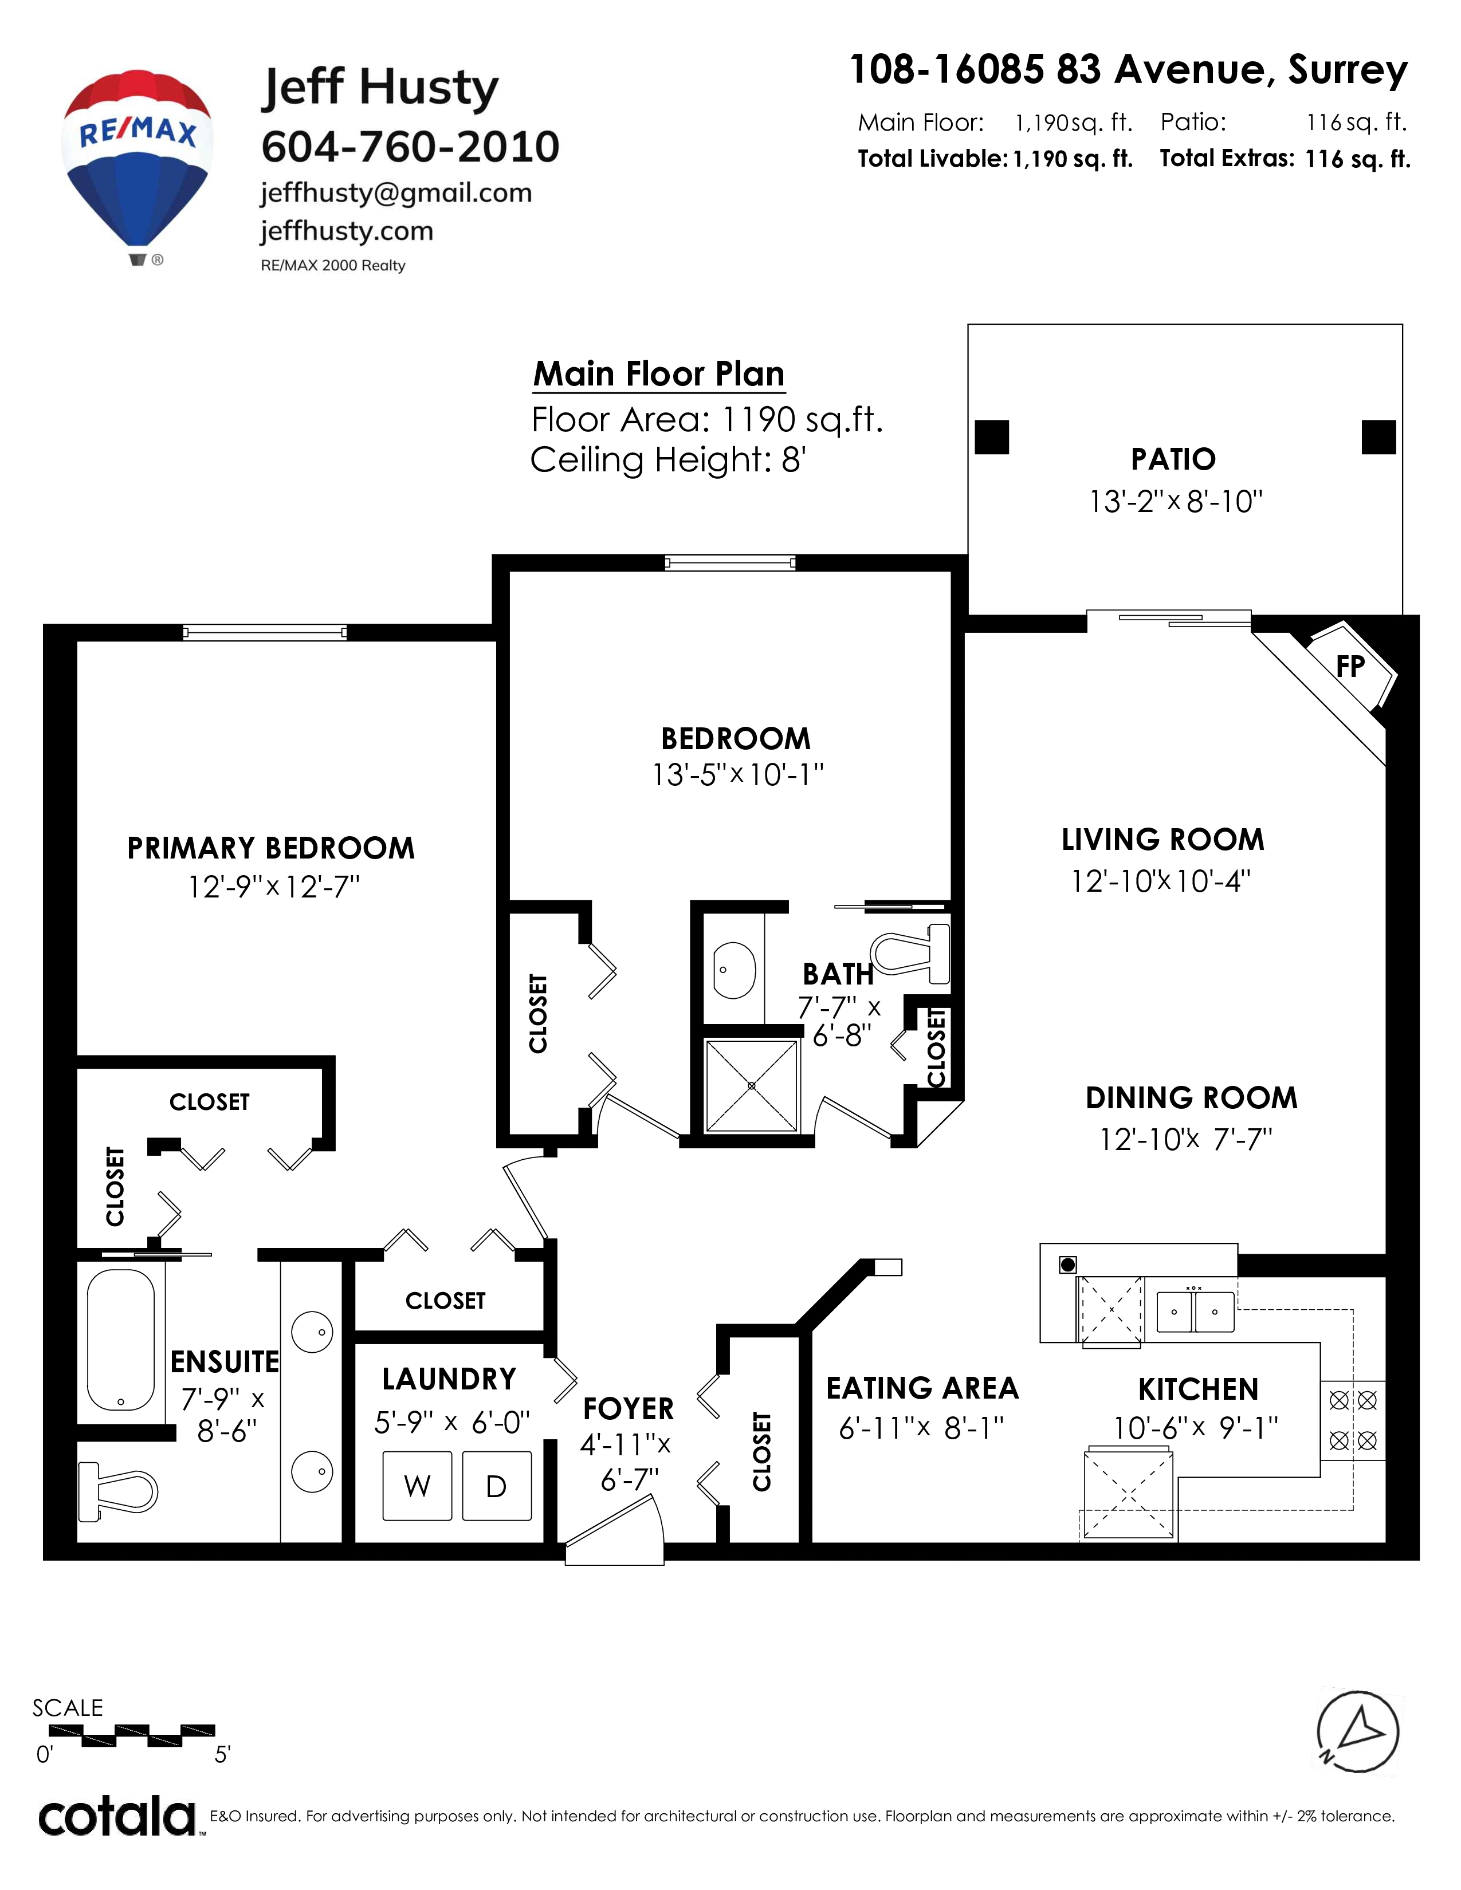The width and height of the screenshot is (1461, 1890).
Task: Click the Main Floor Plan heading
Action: [x=659, y=374]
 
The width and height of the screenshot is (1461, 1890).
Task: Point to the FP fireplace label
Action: [x=1350, y=666]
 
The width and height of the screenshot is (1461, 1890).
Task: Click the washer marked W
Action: [x=417, y=1486]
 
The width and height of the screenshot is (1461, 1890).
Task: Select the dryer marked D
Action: [x=497, y=1486]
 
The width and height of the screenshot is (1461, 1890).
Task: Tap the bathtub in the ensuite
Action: [x=121, y=1341]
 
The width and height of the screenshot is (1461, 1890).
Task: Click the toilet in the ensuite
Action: [x=117, y=1492]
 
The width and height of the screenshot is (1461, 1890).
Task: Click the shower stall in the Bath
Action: [x=751, y=1085]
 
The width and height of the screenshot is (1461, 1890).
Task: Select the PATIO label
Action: [x=1173, y=459]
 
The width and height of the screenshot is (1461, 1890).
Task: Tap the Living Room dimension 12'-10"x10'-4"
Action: [x=1161, y=881]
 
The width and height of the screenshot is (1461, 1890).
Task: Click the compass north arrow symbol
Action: [x=1358, y=1732]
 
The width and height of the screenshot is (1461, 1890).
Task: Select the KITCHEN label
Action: [x=1198, y=1390]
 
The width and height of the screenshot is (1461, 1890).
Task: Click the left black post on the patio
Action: [x=992, y=437]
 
